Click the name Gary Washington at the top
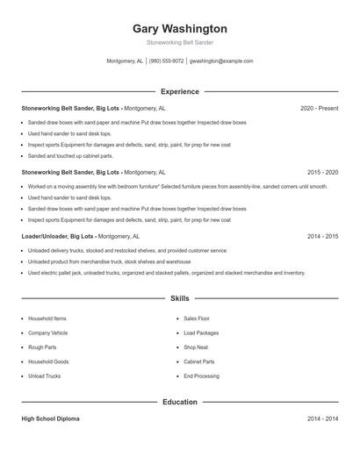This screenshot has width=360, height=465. (x=180, y=28)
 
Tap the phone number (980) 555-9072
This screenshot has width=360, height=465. (x=167, y=61)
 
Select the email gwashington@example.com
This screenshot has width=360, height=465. (x=221, y=61)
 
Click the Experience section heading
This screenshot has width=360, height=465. (x=180, y=91)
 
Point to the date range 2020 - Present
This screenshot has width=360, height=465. (x=319, y=108)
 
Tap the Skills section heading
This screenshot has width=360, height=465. (x=180, y=299)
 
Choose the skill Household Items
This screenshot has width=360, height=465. (x=47, y=318)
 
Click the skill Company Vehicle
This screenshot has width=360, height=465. (x=48, y=333)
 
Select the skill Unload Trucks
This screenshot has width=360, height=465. (x=45, y=376)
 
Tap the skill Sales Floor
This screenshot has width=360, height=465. (x=197, y=318)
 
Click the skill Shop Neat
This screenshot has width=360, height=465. (x=196, y=347)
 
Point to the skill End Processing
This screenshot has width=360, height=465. (x=201, y=376)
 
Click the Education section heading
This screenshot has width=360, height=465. (x=180, y=402)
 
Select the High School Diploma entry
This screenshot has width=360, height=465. (x=51, y=419)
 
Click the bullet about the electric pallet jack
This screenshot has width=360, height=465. (x=167, y=273)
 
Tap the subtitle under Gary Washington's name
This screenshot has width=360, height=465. (x=180, y=42)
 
